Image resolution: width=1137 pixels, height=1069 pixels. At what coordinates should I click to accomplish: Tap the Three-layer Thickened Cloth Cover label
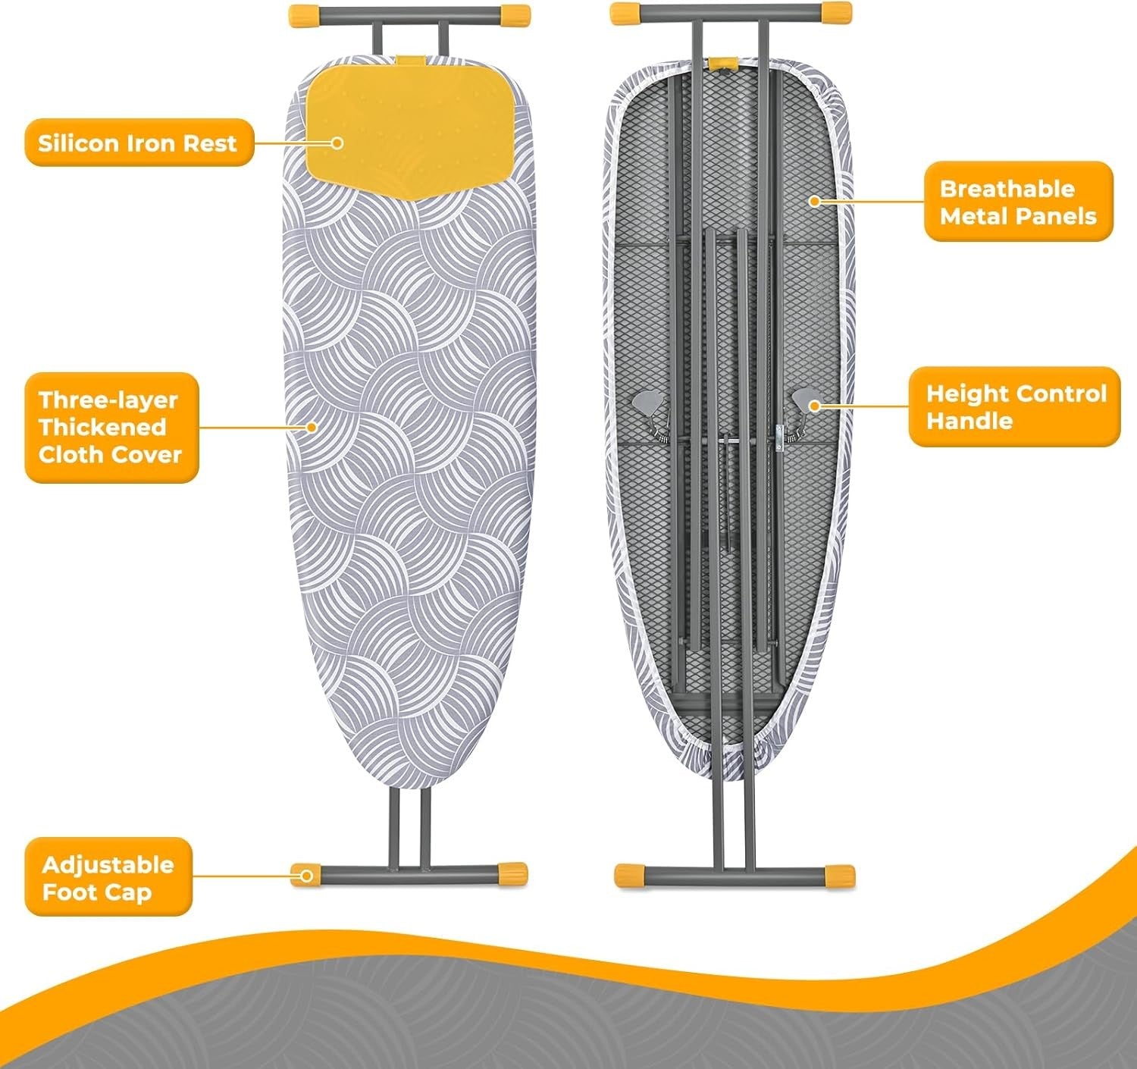(111, 428)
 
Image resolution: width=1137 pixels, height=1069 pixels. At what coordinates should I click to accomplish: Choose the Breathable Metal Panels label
(1019, 202)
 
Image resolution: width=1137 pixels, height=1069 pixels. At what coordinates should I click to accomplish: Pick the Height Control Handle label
(1014, 406)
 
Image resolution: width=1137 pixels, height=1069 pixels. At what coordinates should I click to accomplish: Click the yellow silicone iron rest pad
(408, 128)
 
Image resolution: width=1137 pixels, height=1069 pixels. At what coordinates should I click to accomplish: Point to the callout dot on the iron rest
(337, 143)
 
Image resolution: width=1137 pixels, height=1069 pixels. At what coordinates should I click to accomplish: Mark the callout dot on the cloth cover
(312, 427)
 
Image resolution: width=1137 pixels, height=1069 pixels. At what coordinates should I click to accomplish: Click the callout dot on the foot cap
(307, 876)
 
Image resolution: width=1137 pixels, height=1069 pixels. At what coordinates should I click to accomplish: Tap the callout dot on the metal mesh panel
(815, 201)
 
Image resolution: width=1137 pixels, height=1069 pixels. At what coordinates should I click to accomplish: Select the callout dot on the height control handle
(815, 406)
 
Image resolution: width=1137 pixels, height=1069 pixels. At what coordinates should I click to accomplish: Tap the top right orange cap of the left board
(515, 14)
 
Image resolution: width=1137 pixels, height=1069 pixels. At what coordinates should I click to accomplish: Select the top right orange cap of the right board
(836, 13)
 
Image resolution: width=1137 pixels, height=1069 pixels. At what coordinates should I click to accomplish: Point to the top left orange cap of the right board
(626, 14)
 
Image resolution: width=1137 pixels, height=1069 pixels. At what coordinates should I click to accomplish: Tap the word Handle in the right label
(969, 421)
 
